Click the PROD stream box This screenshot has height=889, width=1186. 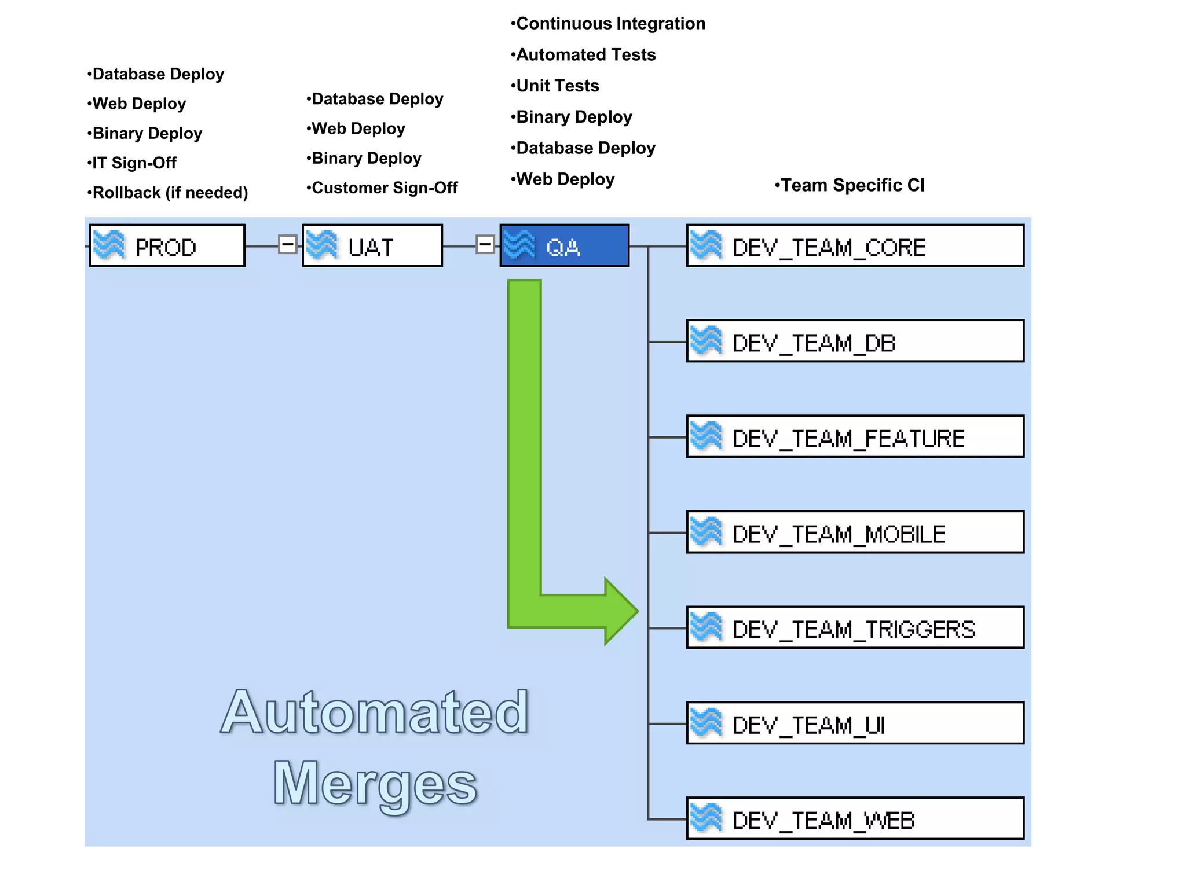[x=168, y=246]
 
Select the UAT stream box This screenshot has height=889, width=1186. [x=372, y=246]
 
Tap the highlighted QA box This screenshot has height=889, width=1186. [x=565, y=246]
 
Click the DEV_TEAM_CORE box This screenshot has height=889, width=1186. [x=855, y=246]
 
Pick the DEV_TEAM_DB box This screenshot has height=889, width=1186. [x=855, y=341]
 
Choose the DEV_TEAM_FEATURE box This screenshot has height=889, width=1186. [x=855, y=437]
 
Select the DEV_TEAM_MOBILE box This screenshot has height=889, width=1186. [x=855, y=532]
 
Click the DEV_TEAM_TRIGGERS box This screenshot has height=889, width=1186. [x=855, y=628]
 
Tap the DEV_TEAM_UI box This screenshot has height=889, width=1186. [x=855, y=723]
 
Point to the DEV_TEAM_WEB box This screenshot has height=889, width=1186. [x=855, y=819]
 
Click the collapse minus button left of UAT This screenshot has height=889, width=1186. [x=287, y=245]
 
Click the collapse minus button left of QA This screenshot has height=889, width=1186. [x=485, y=245]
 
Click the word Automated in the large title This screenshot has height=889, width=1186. [x=375, y=713]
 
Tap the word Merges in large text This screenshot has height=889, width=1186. [x=375, y=784]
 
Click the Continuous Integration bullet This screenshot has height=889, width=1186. [x=608, y=24]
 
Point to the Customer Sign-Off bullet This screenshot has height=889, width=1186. [x=382, y=188]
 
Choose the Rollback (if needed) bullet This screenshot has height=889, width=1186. [x=168, y=193]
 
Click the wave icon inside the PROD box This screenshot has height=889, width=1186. [x=109, y=245]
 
